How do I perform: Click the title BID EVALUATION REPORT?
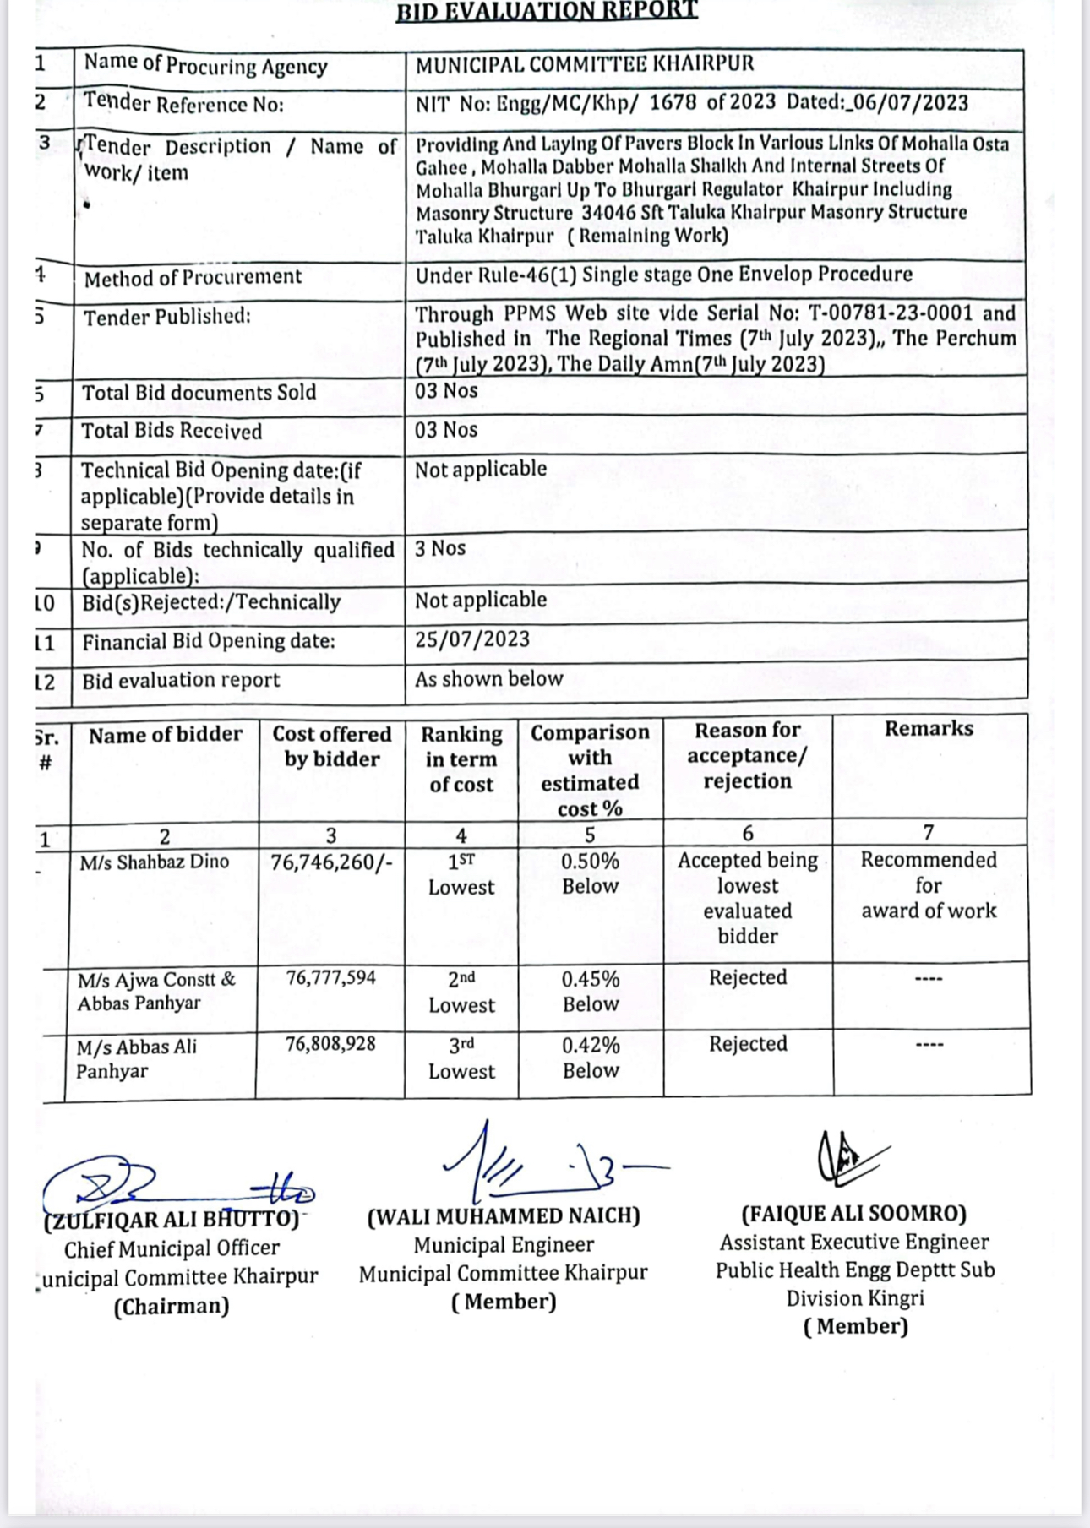click(547, 10)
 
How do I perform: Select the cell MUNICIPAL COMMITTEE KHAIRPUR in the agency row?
click(585, 64)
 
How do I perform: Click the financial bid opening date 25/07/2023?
click(472, 639)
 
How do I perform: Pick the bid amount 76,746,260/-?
click(331, 862)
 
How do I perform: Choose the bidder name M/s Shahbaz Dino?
click(155, 862)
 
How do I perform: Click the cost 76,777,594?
click(331, 978)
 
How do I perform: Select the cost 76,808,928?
click(330, 1044)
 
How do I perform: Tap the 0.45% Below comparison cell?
click(591, 992)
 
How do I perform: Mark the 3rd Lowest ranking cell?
click(461, 1058)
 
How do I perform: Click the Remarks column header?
click(929, 729)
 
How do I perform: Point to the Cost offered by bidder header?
click(332, 747)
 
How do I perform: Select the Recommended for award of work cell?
click(929, 885)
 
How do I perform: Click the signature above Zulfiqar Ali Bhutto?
click(169, 1183)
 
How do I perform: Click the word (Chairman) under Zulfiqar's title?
click(172, 1307)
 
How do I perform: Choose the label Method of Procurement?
click(193, 277)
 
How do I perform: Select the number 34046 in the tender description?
click(608, 212)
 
